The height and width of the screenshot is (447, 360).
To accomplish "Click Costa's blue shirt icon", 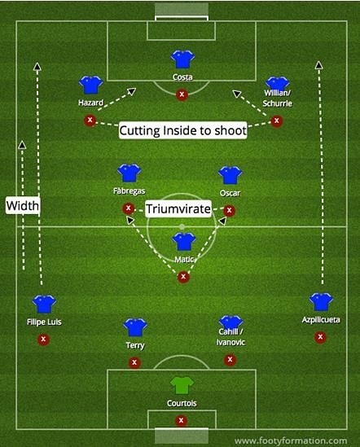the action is tap(182, 59).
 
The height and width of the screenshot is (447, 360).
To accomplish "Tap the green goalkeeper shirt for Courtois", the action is tap(182, 385).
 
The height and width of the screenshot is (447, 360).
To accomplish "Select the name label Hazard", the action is tap(90, 103).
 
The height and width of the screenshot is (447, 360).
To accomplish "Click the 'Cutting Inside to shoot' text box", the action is tap(183, 130).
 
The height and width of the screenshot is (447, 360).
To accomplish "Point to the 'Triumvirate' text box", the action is tap(178, 208).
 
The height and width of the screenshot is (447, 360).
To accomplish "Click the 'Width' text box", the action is tap(23, 205).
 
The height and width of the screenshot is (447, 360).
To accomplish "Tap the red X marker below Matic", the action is tap(183, 277).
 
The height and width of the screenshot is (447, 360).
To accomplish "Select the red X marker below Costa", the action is tap(182, 94).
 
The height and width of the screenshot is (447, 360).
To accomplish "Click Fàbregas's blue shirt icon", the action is tap(130, 173).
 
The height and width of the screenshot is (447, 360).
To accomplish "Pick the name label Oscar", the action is tap(230, 193).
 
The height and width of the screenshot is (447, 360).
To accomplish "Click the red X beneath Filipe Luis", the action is tap(43, 340).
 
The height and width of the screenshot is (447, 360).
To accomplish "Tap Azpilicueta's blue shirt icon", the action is tap(321, 301).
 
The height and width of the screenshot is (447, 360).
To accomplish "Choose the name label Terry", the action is tap(135, 345).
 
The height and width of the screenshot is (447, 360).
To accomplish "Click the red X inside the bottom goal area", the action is tap(181, 420).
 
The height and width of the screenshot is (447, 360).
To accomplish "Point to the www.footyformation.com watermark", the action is tap(291, 441).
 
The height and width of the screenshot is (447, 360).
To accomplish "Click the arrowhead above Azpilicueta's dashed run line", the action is tap(319, 65).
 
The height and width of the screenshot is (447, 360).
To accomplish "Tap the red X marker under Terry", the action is tap(134, 362).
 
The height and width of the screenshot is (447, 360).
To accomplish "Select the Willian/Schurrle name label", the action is tap(277, 98).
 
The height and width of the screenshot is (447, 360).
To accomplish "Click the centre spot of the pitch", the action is tap(182, 227).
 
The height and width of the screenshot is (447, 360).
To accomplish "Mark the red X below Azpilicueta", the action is tap(320, 337).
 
